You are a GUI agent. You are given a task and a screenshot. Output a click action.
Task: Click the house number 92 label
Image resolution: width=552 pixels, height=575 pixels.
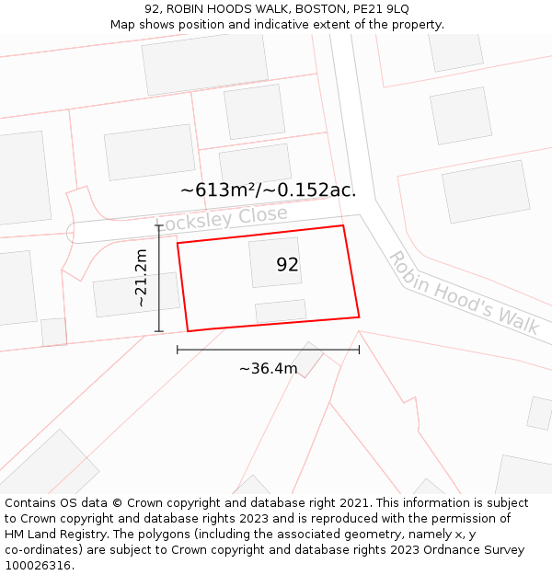pos(287,265)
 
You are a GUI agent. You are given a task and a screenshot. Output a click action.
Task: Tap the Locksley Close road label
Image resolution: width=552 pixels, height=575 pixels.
pos(224,217)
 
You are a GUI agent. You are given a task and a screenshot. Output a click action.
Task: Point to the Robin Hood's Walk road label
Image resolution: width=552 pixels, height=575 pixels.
pos(464,292)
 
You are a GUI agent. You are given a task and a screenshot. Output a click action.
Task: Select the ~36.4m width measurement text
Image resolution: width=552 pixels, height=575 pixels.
pos(268,369)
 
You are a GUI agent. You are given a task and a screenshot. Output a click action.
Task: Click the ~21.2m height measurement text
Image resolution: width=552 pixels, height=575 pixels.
pos(140,278)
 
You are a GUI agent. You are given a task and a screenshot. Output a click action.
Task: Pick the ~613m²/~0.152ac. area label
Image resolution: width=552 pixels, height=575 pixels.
pos(268,190)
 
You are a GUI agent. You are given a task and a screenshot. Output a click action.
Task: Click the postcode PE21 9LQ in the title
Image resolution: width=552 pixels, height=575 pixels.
pos(379,9)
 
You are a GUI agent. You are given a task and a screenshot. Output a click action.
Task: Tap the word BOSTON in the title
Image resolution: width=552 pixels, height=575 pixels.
pos(319,9)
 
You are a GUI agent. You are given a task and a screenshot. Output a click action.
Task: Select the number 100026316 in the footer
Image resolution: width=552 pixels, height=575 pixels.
pos(40,565)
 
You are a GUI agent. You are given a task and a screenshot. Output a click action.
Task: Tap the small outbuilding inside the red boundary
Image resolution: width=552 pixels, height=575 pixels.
pos(281,311)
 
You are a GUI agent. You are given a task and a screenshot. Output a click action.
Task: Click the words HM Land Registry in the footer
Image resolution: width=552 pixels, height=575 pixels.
pos(54,534)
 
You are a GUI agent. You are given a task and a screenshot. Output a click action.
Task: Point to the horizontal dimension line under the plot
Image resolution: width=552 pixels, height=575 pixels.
pos(268,350)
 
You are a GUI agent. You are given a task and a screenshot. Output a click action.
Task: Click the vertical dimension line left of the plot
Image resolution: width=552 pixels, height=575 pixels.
pos(159,278)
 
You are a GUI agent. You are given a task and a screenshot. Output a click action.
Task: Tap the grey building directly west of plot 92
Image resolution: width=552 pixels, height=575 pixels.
pos(135,294)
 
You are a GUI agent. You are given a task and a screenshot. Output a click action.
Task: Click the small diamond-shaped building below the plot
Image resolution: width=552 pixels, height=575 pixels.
pos(308,359)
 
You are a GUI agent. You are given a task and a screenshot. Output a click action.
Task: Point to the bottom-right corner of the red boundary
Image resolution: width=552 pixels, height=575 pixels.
pos(359,316)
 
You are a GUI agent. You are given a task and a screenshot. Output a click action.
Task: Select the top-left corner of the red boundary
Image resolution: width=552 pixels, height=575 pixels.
pos(178,244)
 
